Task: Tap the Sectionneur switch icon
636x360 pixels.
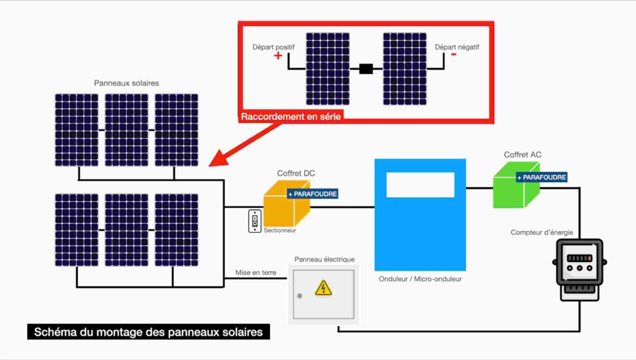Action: click(x=254, y=220)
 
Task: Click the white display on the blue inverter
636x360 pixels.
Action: click(x=420, y=184)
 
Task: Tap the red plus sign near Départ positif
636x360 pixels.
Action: click(x=278, y=55)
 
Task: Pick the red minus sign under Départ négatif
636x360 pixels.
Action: click(x=453, y=54)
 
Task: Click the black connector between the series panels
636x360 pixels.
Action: click(x=366, y=69)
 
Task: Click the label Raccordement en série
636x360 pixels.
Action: click(x=291, y=116)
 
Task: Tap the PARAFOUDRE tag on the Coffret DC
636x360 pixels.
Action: click(x=312, y=193)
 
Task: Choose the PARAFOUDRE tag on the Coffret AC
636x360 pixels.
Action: click(x=541, y=177)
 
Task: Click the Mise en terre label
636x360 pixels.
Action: click(x=255, y=272)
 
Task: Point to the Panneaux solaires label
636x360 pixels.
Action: click(x=126, y=83)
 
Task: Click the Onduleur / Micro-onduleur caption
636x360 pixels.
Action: click(x=420, y=279)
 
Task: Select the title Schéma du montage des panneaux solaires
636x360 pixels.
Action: click(x=148, y=332)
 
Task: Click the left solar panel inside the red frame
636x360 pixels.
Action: click(x=327, y=69)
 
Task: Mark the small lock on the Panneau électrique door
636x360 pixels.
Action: click(x=299, y=295)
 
